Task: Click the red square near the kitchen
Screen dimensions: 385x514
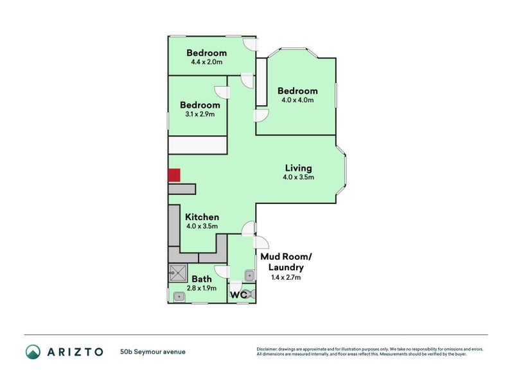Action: tap(174, 175)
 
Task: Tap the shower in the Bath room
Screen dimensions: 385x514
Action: tap(177, 273)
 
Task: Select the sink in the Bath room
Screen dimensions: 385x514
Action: tap(179, 296)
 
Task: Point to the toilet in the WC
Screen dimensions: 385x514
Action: tap(251, 294)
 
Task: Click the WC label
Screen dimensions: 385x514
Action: tap(238, 295)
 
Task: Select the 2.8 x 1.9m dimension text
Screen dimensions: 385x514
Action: tap(202, 288)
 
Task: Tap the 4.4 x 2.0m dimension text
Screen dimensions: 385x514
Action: tap(206, 62)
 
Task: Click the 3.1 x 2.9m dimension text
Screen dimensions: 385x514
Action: tap(199, 114)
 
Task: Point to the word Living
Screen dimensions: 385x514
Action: tap(299, 168)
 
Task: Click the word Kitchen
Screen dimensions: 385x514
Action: tap(202, 217)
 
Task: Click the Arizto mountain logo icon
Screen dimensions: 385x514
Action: tap(33, 351)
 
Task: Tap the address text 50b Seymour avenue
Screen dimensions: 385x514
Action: tap(152, 352)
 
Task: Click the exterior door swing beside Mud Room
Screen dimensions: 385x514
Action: tap(261, 242)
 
